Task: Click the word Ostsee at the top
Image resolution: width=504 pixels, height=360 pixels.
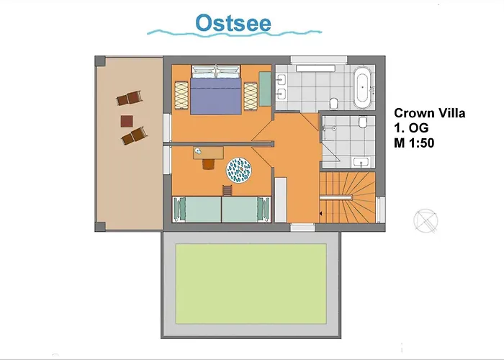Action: (x=233, y=23)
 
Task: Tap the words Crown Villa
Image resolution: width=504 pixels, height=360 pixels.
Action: (x=429, y=113)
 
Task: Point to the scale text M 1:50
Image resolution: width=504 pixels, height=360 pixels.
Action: (x=414, y=143)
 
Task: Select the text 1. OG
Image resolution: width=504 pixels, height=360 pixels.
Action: (x=411, y=128)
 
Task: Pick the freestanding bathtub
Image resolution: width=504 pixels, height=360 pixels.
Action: (x=363, y=87)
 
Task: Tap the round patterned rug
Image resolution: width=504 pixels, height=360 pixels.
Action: (x=239, y=171)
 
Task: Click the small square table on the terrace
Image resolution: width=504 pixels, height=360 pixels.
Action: (x=127, y=122)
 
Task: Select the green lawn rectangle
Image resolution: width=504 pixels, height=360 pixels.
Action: (x=251, y=284)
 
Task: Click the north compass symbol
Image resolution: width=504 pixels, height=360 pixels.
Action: (x=426, y=220)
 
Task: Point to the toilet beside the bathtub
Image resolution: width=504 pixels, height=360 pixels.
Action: (x=334, y=103)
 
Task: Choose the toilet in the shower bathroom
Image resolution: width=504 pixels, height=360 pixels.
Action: (x=363, y=122)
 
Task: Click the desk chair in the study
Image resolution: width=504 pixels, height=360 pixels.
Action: (x=208, y=164)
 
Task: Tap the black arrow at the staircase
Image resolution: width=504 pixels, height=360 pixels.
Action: (x=320, y=213)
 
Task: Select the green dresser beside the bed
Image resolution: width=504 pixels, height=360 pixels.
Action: (x=265, y=89)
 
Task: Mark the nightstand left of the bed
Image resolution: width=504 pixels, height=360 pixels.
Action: (x=181, y=95)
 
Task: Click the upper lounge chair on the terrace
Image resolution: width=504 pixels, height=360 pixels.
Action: (x=129, y=98)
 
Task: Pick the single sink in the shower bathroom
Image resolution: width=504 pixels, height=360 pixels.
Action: (x=361, y=162)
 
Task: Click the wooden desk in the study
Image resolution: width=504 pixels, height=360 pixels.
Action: (x=208, y=153)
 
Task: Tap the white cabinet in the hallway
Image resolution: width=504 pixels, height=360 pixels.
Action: (x=281, y=199)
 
